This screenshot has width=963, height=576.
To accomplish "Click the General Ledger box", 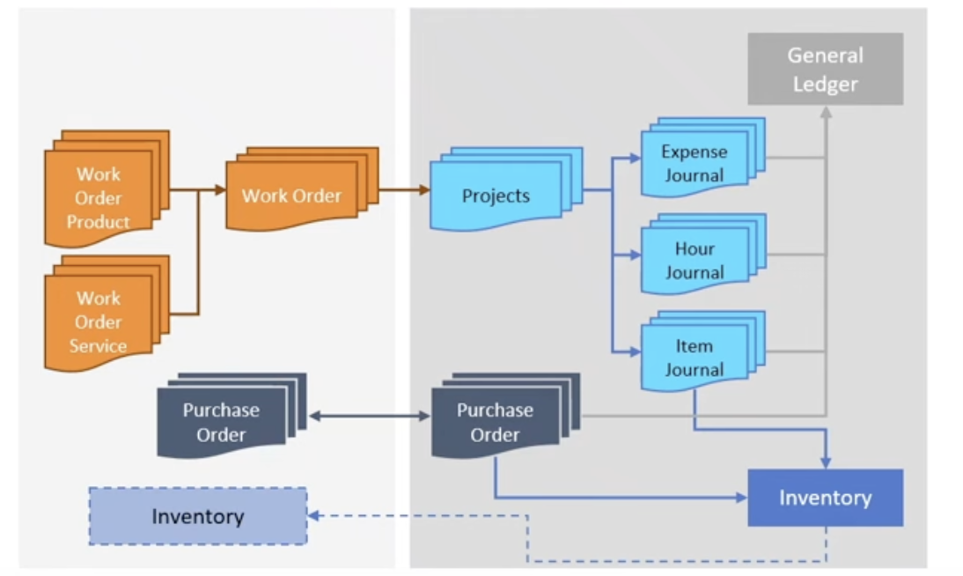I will (825, 69).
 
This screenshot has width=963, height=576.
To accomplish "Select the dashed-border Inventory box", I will (197, 516).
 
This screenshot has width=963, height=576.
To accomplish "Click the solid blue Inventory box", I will (825, 498).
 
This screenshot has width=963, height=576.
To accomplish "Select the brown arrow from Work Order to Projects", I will (404, 189).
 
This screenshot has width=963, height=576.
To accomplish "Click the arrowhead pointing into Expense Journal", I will (636, 159).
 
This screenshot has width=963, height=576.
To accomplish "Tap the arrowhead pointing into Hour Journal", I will (636, 256).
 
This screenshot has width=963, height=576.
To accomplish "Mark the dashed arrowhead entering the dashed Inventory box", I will (312, 516).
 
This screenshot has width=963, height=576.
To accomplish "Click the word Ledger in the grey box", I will (825, 85).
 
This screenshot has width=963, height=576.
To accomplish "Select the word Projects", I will (496, 196).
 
